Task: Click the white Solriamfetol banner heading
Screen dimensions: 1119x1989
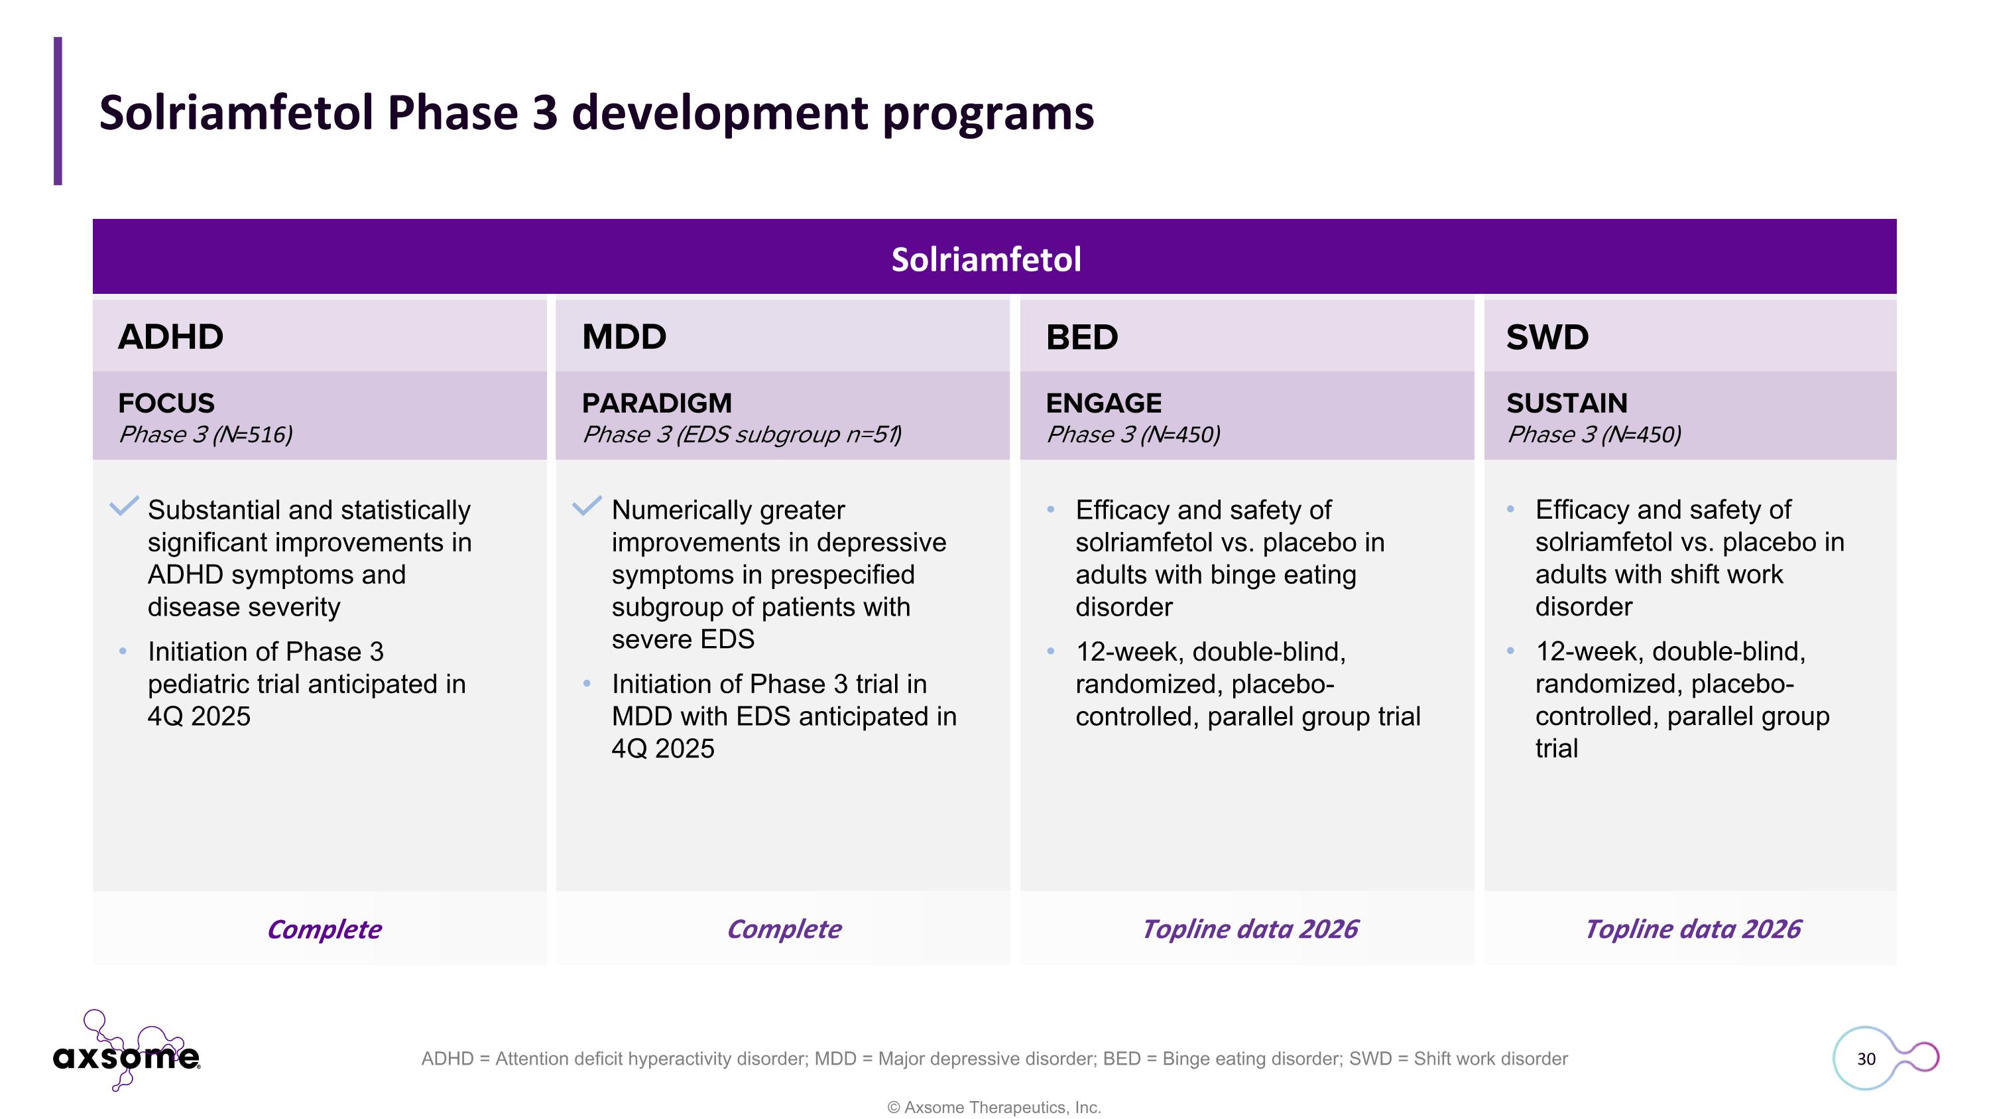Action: coord(986,259)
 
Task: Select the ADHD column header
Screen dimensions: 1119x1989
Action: coord(170,337)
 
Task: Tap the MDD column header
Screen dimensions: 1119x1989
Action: coord(624,337)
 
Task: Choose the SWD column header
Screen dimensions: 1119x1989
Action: coord(1547,338)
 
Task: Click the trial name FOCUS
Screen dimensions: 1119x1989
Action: coord(166,403)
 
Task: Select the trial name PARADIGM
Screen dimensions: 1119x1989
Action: coord(656,403)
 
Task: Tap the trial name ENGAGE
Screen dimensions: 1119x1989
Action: coord(1103,403)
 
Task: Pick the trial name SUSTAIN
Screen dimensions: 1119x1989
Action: coord(1567,403)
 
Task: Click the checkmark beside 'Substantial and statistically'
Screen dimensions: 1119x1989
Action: coord(123,506)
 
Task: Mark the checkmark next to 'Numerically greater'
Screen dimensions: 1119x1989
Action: coord(587,506)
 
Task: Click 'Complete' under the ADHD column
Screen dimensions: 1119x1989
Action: coord(324,929)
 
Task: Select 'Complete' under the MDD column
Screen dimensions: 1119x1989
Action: coord(784,929)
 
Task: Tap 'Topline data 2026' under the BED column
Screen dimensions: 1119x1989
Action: coord(1249,929)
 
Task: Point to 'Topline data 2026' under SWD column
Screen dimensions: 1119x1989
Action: coord(1692,929)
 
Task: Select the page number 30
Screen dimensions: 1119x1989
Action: coord(1866,1059)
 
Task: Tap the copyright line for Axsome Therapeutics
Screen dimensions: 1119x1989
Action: coord(994,1108)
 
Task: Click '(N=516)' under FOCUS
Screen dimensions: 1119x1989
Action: coord(253,434)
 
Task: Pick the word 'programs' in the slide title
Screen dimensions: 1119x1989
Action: coord(988,114)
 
